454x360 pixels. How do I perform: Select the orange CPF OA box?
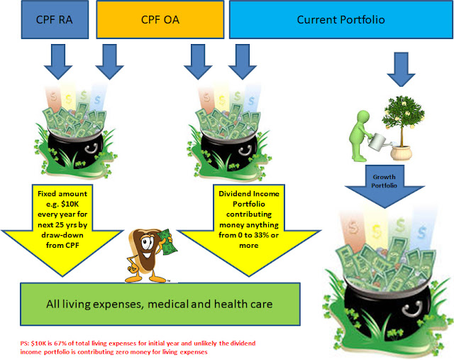tap(160, 20)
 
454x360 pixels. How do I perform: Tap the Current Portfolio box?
tap(340, 20)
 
